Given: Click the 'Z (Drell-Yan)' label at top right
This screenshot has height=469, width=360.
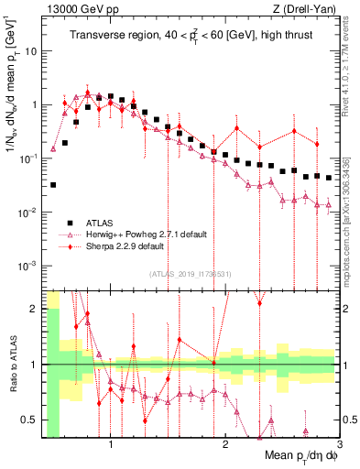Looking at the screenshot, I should (x=308, y=8).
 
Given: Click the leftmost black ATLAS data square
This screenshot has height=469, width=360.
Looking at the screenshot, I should (x=53, y=185).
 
